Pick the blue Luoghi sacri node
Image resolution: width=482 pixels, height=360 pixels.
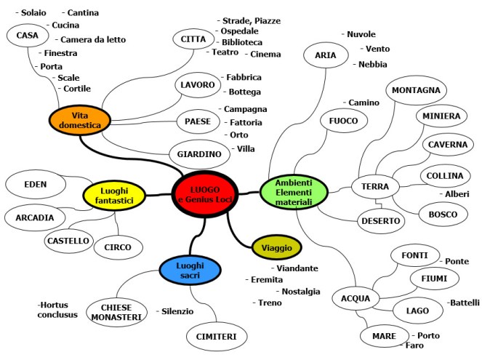[x=190, y=268]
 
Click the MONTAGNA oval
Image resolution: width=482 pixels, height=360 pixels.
[x=416, y=90]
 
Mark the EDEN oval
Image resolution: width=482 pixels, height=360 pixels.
[x=36, y=184]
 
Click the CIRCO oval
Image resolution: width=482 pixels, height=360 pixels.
[x=118, y=248]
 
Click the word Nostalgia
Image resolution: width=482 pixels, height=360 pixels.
[x=300, y=291]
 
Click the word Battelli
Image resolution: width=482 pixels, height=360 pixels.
[x=465, y=303]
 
